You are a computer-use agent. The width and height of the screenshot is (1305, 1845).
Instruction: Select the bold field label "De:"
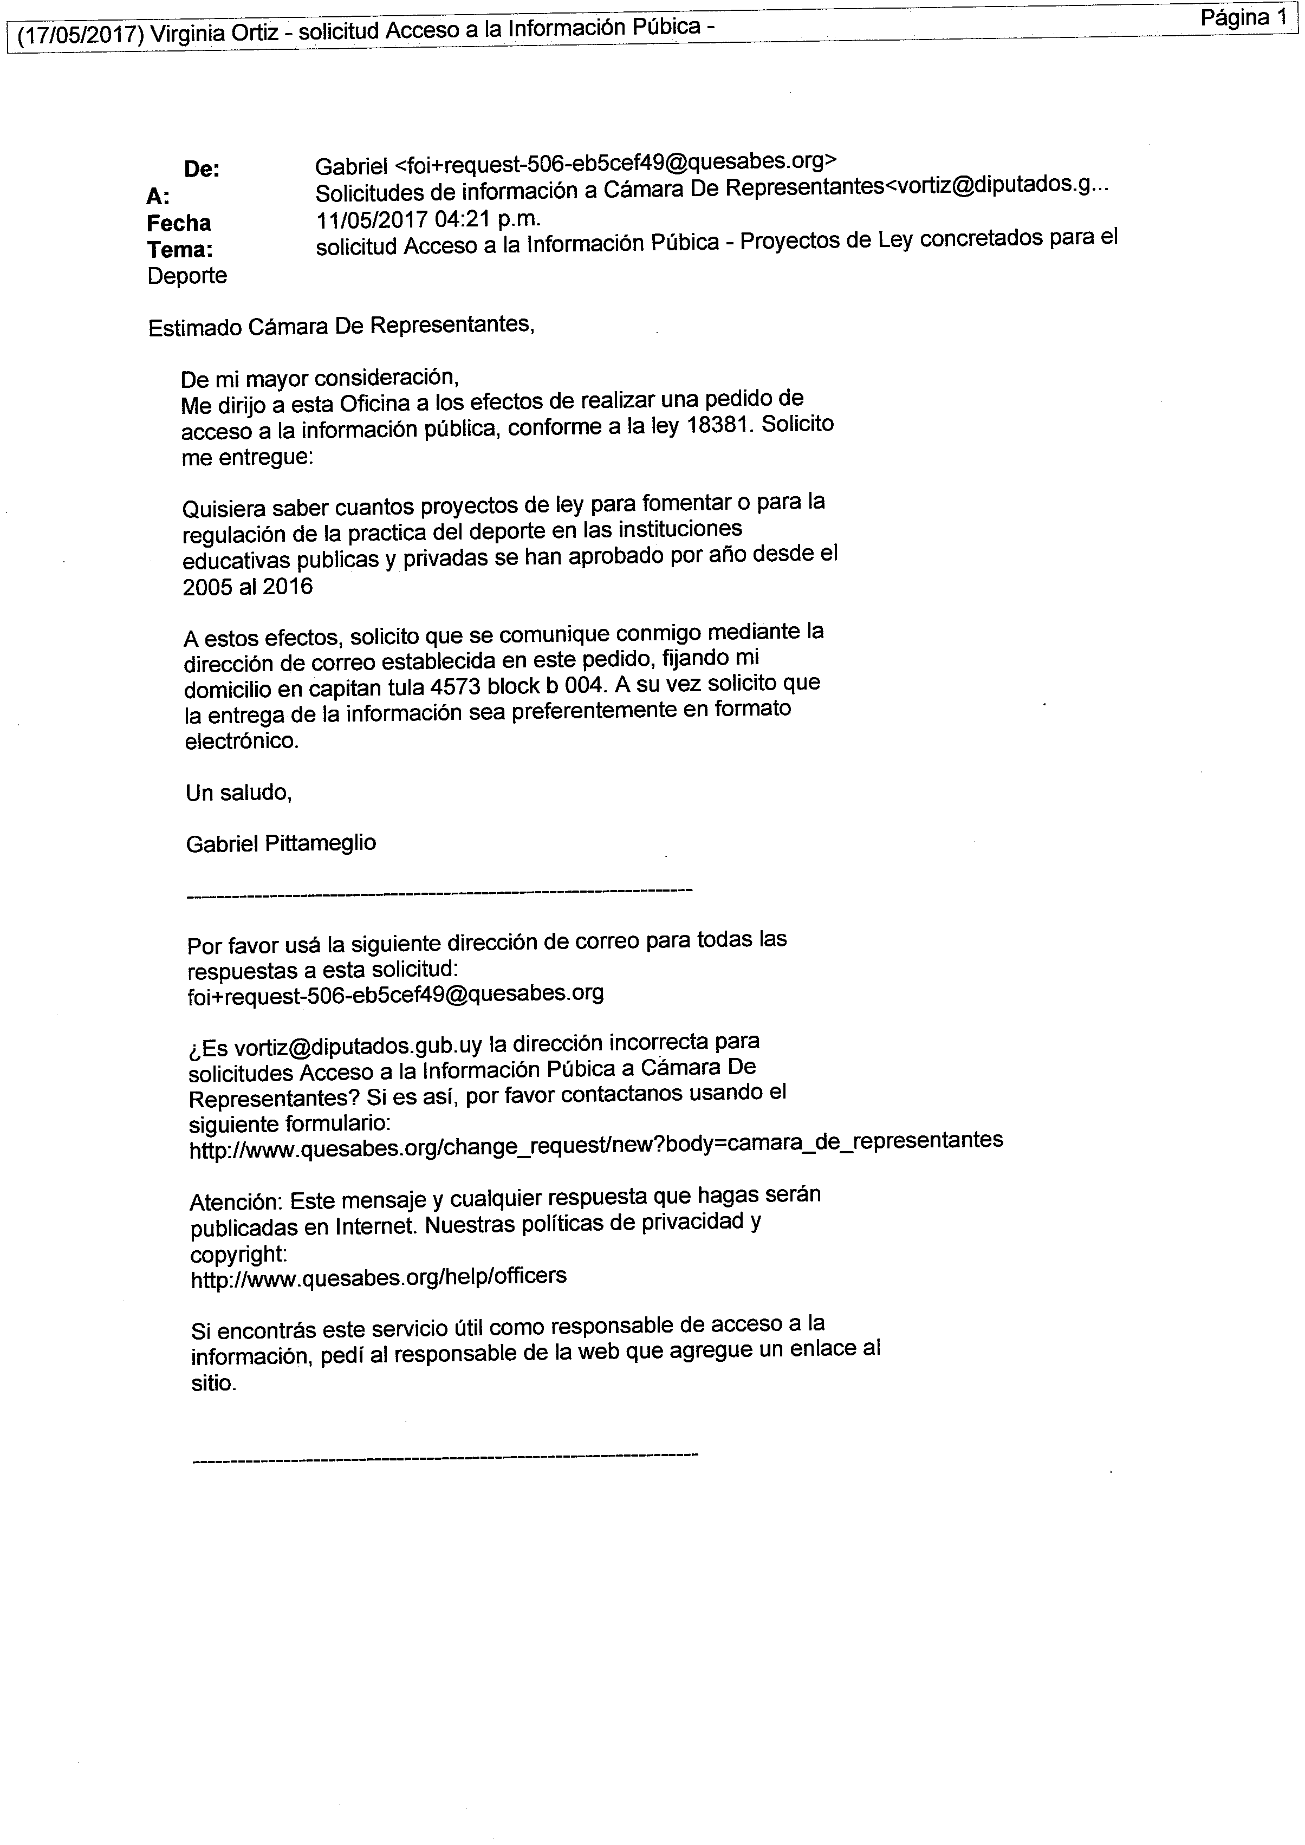(202, 170)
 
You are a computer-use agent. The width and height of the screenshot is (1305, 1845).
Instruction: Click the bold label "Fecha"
(178, 223)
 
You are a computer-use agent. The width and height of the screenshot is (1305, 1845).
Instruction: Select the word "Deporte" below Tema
(187, 276)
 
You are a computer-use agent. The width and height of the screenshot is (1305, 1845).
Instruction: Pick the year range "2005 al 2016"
(248, 587)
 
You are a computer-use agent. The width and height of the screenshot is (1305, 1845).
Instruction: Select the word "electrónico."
(242, 741)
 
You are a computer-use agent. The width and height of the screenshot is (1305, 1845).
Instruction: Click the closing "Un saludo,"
(239, 793)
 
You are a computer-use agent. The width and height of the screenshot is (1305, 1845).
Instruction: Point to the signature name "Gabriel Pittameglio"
(281, 844)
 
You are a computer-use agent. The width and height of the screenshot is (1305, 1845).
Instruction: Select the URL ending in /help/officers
(379, 1277)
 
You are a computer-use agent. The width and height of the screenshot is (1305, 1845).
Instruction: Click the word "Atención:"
(236, 1202)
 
